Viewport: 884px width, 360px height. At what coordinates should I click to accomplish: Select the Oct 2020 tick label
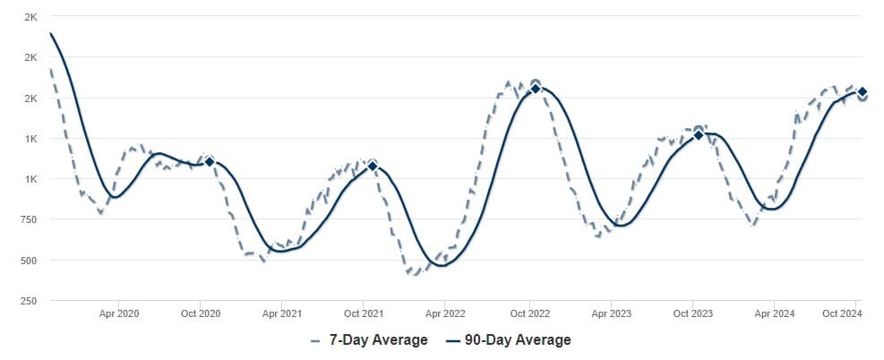tap(201, 313)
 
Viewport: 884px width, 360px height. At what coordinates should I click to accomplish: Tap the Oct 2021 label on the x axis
tap(364, 313)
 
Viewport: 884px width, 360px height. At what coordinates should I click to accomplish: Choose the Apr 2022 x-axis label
tap(445, 313)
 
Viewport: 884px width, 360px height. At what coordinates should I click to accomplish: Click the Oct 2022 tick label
tap(528, 313)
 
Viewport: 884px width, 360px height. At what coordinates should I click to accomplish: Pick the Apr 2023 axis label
tap(610, 313)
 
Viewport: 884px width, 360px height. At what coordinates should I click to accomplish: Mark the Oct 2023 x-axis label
tap(692, 313)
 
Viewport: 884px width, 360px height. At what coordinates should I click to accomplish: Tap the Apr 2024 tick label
tap(774, 313)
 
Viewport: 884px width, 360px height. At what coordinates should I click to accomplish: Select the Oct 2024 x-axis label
tap(842, 313)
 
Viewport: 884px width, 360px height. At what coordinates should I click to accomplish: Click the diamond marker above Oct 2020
tap(209, 161)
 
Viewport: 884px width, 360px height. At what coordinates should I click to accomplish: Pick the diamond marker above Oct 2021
tap(373, 166)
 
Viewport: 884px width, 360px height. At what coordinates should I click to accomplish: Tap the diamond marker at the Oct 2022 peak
tap(536, 88)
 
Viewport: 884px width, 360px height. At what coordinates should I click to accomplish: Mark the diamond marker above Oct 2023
tap(699, 134)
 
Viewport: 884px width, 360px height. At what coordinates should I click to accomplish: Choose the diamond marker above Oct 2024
tap(862, 91)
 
